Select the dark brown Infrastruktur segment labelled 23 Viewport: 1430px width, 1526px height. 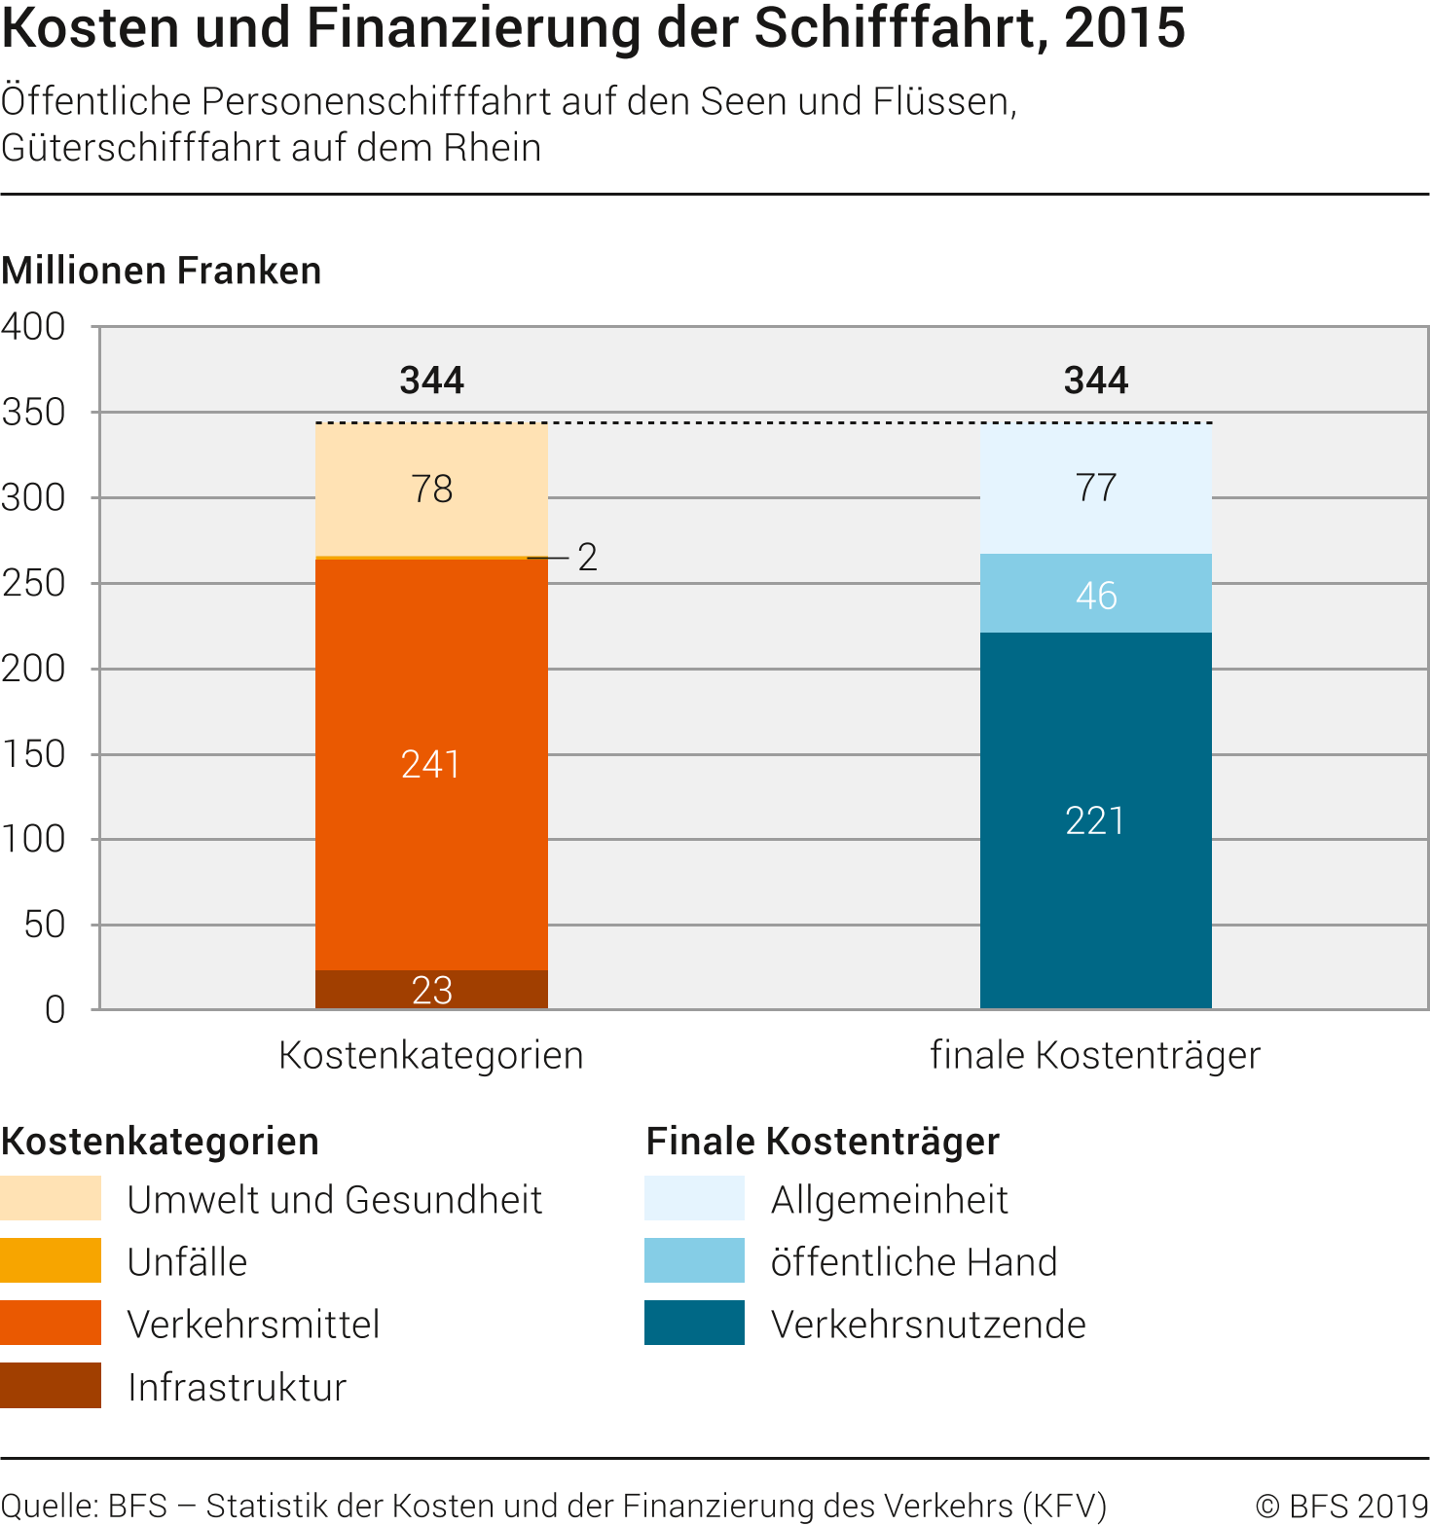coord(431,990)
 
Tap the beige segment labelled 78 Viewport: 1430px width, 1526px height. coord(431,489)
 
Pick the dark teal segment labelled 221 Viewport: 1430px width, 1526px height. coord(1095,820)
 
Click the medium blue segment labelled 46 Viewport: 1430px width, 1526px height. coord(1095,594)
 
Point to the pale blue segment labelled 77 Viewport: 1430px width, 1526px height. coord(1095,488)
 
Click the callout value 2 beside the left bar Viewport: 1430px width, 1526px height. coord(587,558)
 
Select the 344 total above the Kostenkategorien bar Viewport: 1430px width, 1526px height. coord(431,380)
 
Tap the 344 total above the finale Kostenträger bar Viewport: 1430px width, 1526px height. coord(1095,380)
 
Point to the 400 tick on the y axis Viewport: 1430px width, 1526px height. coord(34,327)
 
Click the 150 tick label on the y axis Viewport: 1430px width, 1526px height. coord(34,754)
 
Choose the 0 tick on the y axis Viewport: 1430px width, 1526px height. coord(55,1010)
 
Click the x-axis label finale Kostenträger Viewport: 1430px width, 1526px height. coord(1095,1055)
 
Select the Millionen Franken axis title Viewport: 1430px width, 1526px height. coord(162,271)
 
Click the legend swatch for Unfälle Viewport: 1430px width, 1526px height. coord(51,1260)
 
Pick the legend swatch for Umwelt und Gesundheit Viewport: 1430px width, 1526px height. coord(51,1198)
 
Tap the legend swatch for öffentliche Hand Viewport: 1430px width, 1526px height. coord(694,1260)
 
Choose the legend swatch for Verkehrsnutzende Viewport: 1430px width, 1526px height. coord(694,1323)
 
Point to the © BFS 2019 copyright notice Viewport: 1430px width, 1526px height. coord(1341,1506)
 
